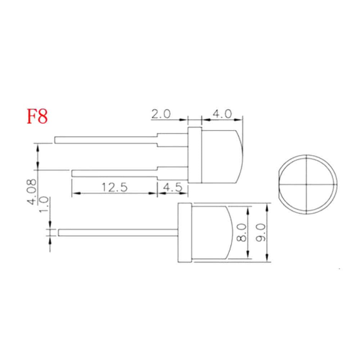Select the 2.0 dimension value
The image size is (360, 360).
[x=161, y=114]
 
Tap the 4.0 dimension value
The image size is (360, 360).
[x=221, y=114]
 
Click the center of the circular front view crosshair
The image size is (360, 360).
[x=306, y=184]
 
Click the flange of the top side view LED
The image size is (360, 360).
[x=195, y=155]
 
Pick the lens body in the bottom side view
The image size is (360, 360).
[x=211, y=232]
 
